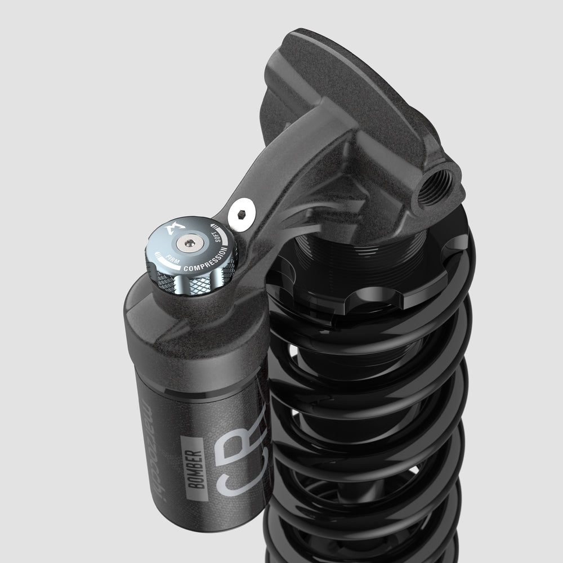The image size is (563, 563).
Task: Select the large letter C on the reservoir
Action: tap(226, 483)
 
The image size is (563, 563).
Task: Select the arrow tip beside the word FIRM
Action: tap(159, 249)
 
